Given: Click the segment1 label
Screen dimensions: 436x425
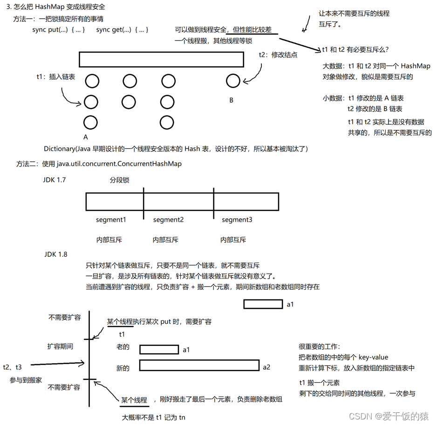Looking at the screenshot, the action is click(x=111, y=219).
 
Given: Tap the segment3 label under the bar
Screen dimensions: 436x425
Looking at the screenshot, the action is click(x=237, y=219).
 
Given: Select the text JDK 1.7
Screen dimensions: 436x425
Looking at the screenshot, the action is click(x=54, y=179).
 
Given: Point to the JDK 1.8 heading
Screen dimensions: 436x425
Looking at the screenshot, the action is click(x=56, y=254).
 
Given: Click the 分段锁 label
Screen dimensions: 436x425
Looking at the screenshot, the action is click(x=119, y=180).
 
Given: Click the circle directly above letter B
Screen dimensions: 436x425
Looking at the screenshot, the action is click(x=233, y=81).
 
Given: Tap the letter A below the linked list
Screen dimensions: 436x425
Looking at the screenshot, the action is click(x=86, y=137).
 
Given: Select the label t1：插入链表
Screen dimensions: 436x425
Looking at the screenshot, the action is click(x=55, y=77).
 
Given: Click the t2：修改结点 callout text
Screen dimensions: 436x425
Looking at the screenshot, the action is click(x=278, y=54).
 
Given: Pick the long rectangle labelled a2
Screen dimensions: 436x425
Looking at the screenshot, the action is click(x=199, y=365).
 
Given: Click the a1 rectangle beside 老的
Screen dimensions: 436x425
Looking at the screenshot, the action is click(x=159, y=349).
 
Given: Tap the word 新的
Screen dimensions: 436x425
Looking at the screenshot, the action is click(x=123, y=368).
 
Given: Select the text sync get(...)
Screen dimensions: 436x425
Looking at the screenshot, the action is click(x=114, y=29).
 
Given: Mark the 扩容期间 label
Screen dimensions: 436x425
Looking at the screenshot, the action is click(x=60, y=346).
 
